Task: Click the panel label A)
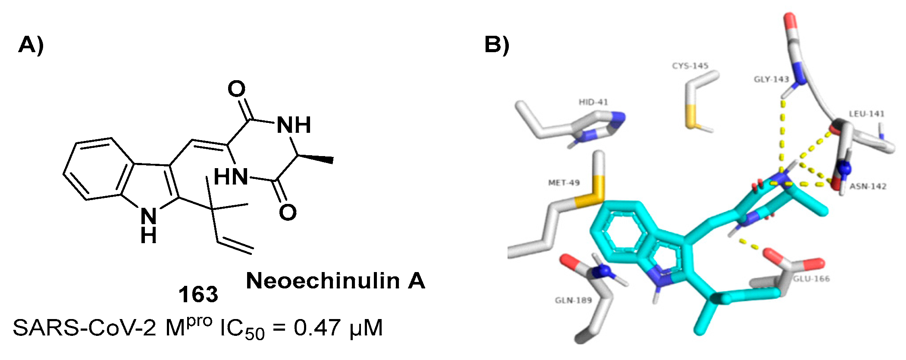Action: click(x=31, y=44)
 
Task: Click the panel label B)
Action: click(x=496, y=44)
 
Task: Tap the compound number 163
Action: click(x=198, y=295)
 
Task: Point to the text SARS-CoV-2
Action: click(x=85, y=328)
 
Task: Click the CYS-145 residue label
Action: click(x=690, y=66)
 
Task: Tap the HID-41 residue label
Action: click(x=593, y=102)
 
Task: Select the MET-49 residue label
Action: click(x=564, y=183)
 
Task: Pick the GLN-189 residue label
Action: click(x=573, y=300)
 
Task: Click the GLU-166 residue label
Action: click(x=811, y=279)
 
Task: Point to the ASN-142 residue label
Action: click(x=868, y=186)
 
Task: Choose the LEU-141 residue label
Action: click(x=866, y=114)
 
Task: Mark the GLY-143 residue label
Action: click(x=771, y=79)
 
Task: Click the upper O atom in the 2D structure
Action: click(x=236, y=89)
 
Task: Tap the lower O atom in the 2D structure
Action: click(x=288, y=212)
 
